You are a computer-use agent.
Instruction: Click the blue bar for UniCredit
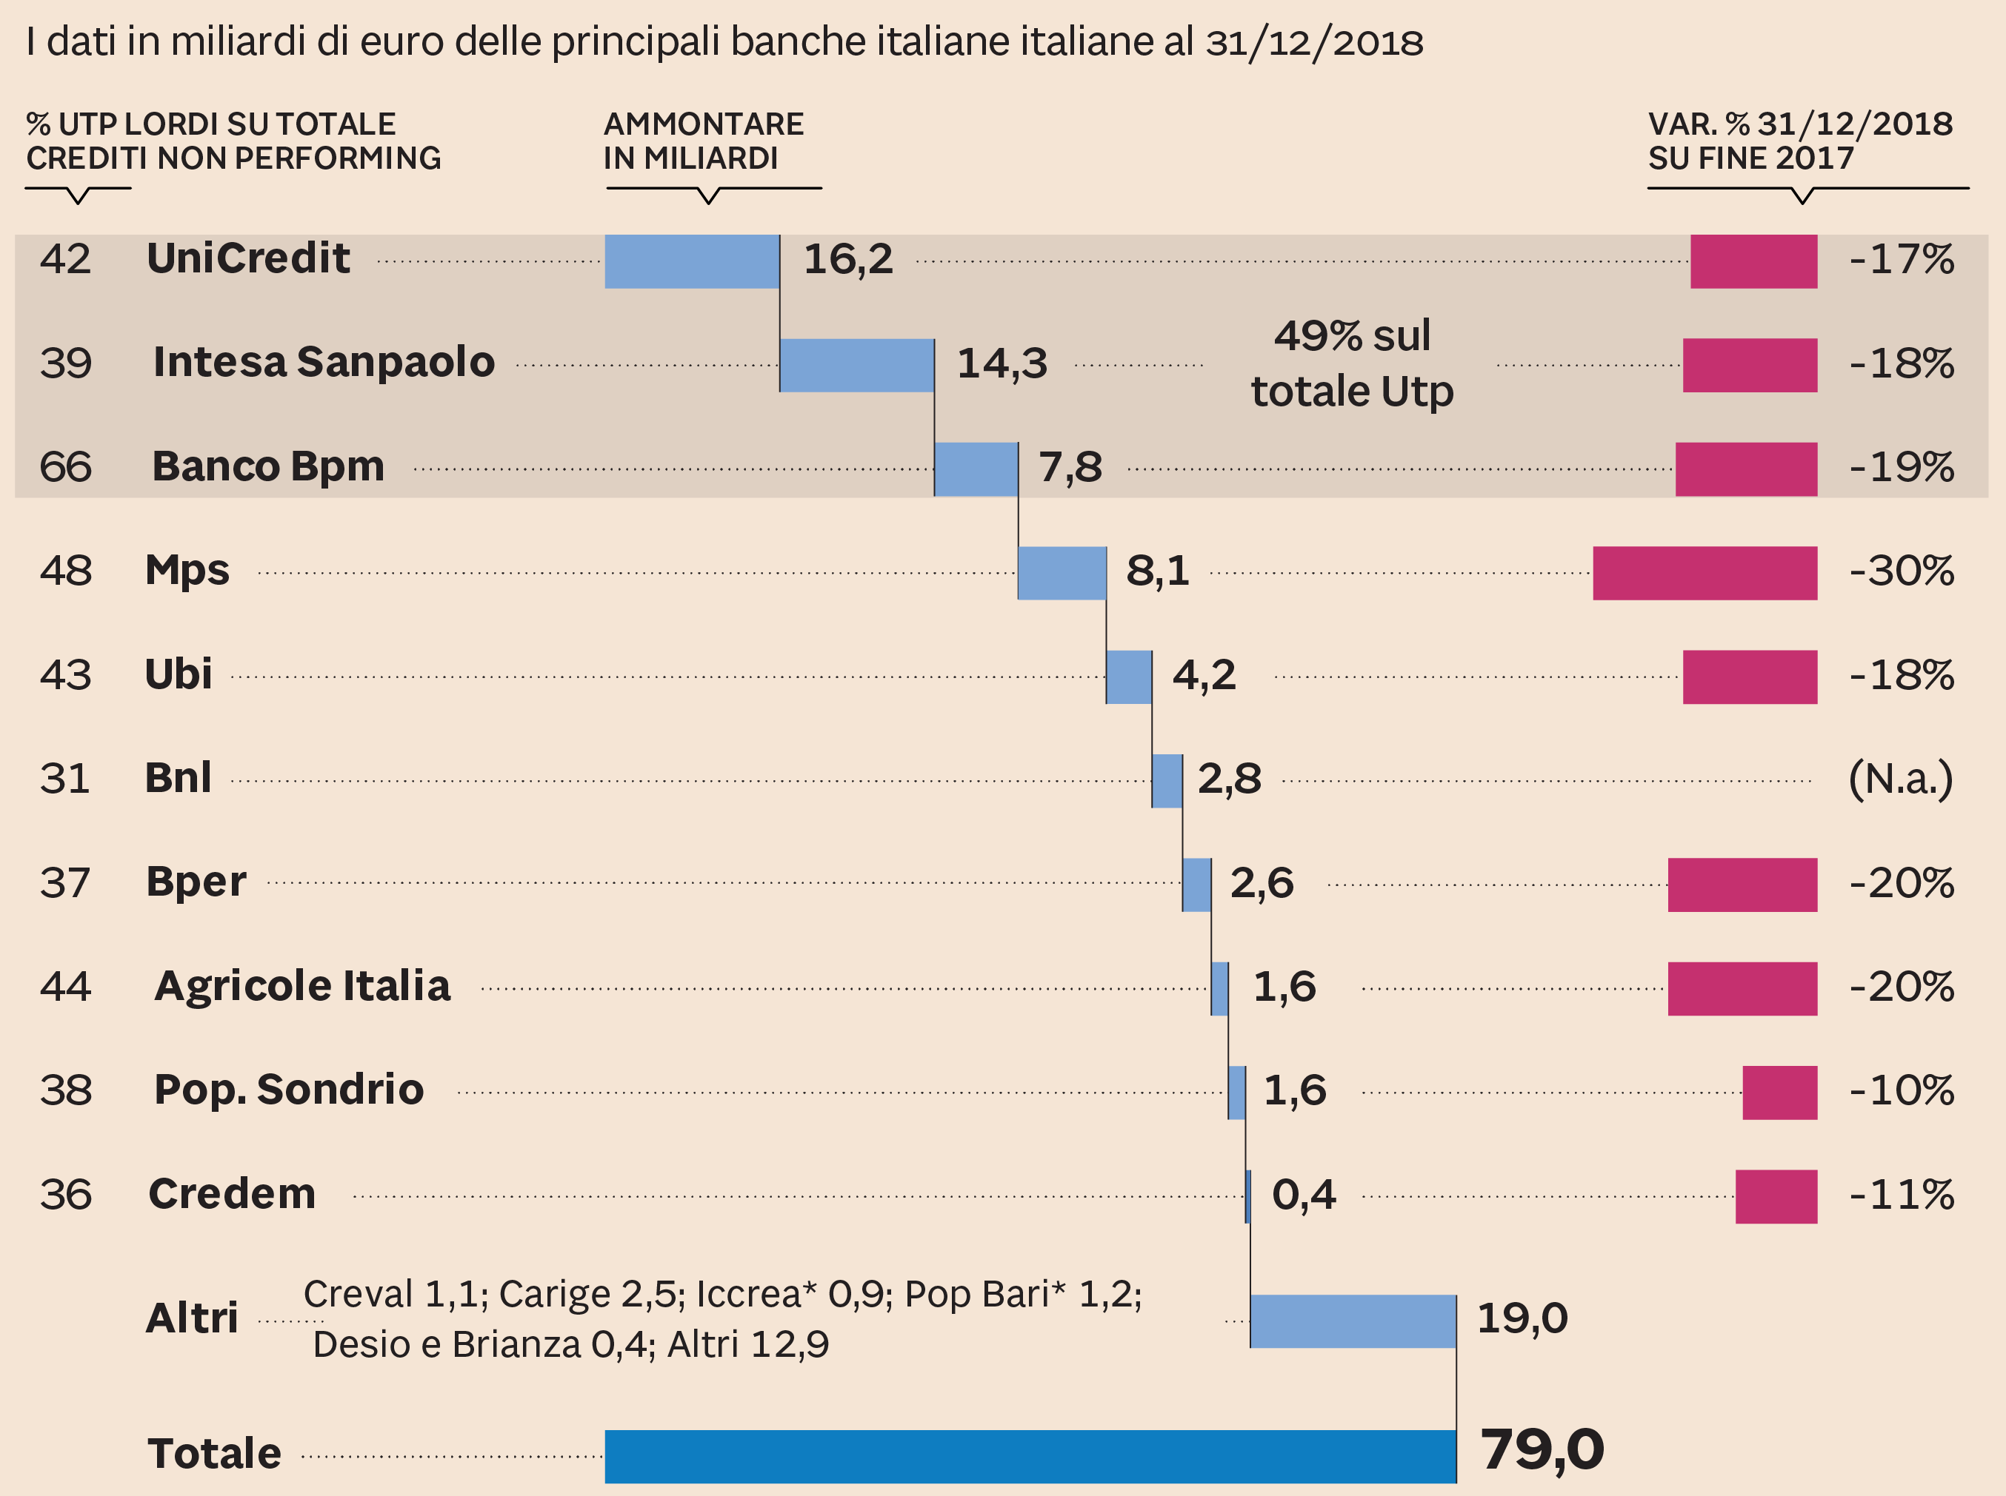click(691, 262)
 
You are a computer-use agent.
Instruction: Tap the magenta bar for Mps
click(1705, 573)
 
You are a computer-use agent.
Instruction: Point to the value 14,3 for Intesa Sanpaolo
click(1002, 364)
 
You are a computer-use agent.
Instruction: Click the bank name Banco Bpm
click(268, 467)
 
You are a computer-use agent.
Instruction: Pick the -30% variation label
click(1901, 571)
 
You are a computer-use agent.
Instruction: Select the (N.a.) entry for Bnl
click(1900, 779)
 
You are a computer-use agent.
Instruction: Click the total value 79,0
click(1542, 1450)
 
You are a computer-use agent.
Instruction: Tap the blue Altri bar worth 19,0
click(1353, 1321)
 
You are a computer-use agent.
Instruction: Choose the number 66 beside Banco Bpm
click(65, 467)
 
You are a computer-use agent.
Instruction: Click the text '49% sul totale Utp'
click(1352, 364)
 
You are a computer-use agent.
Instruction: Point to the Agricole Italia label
click(303, 986)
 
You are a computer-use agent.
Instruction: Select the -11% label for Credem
click(1901, 1195)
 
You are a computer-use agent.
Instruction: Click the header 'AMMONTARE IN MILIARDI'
click(704, 141)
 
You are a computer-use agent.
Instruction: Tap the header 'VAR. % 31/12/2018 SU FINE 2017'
click(1799, 141)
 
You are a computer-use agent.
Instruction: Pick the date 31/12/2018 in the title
click(1314, 42)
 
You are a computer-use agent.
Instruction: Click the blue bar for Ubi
click(1128, 677)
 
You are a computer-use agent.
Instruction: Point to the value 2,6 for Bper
click(1262, 883)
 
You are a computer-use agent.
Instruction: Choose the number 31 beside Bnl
click(65, 779)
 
